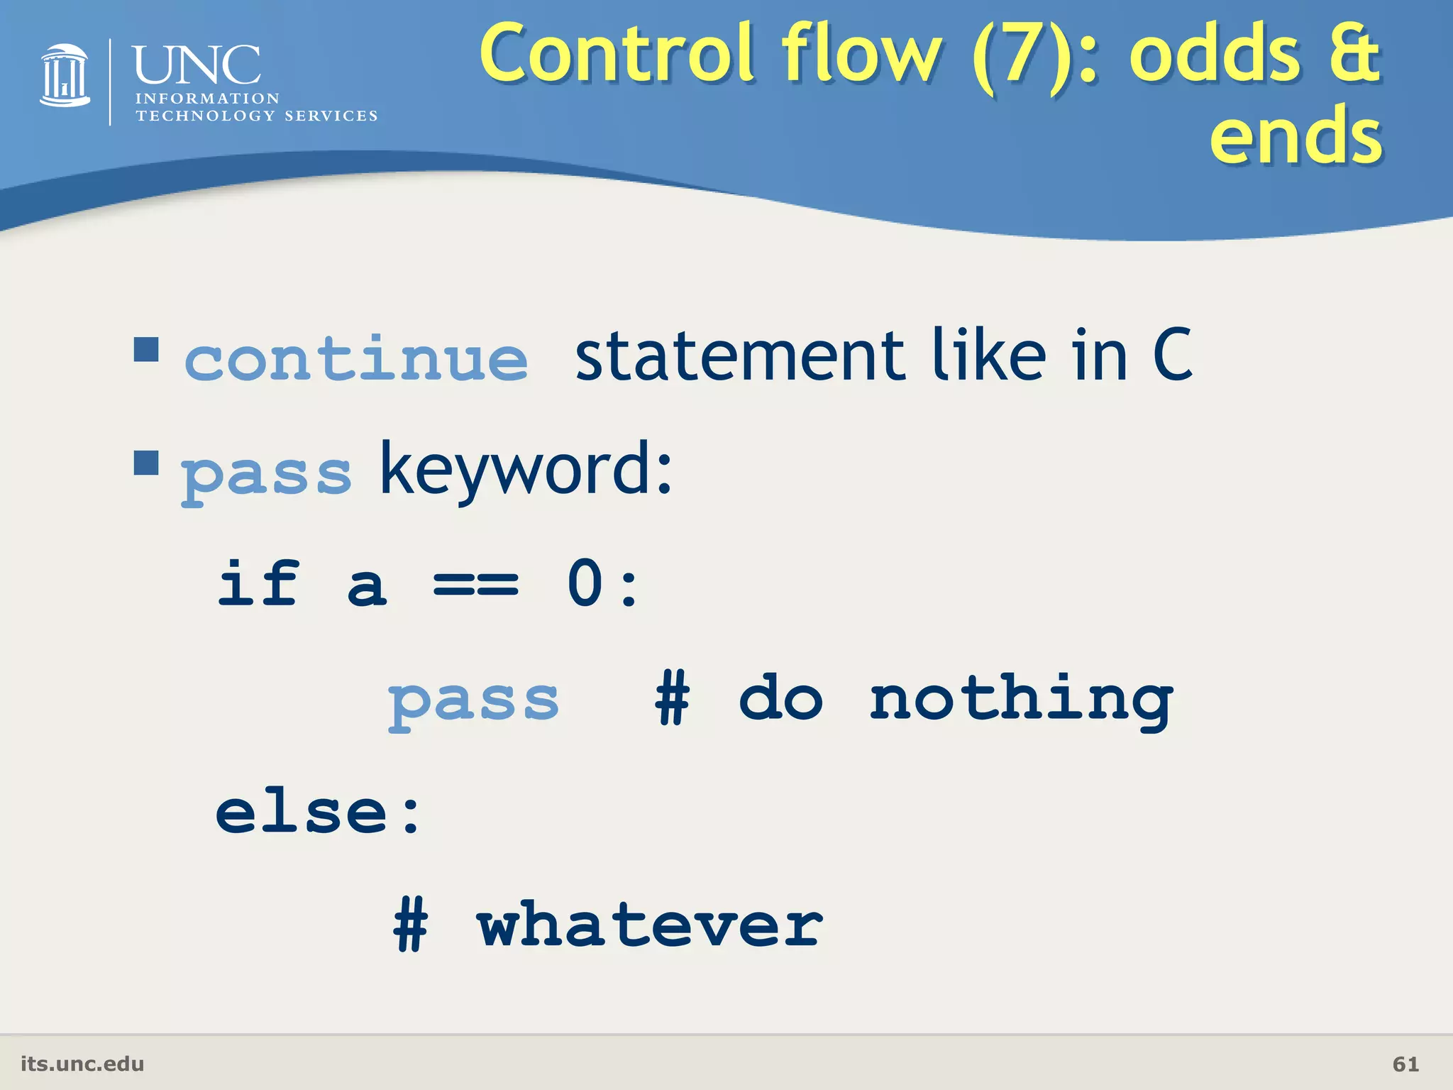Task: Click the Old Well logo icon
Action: [x=65, y=76]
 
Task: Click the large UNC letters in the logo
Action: [x=197, y=65]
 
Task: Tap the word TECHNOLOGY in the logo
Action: [x=205, y=116]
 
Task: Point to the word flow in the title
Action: [x=862, y=53]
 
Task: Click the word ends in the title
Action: [x=1295, y=135]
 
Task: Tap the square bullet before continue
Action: [x=146, y=349]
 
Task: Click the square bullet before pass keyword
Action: [x=146, y=463]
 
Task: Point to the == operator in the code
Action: [x=476, y=585]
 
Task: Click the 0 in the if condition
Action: [x=585, y=584]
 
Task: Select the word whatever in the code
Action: [x=649, y=926]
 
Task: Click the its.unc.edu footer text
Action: [x=82, y=1064]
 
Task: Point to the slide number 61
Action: [x=1405, y=1064]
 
